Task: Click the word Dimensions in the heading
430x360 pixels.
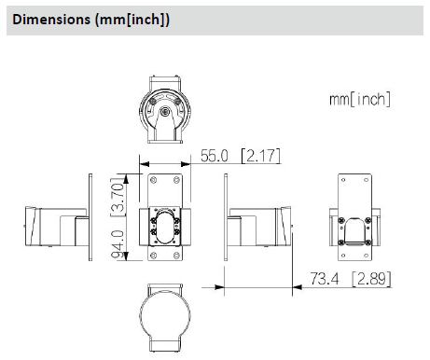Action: [x=51, y=20]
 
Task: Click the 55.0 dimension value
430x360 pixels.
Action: [x=215, y=156]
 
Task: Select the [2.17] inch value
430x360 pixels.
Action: [x=261, y=156]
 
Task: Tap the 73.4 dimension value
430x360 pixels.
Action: [x=325, y=278]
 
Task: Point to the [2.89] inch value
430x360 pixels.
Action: [x=371, y=279]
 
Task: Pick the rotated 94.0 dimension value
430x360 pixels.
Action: [x=118, y=245]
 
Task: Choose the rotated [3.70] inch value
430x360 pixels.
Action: [x=118, y=198]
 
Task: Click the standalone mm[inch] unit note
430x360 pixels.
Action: [x=360, y=99]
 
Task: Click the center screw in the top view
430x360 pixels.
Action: [x=165, y=111]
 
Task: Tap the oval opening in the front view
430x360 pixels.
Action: [x=165, y=227]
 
